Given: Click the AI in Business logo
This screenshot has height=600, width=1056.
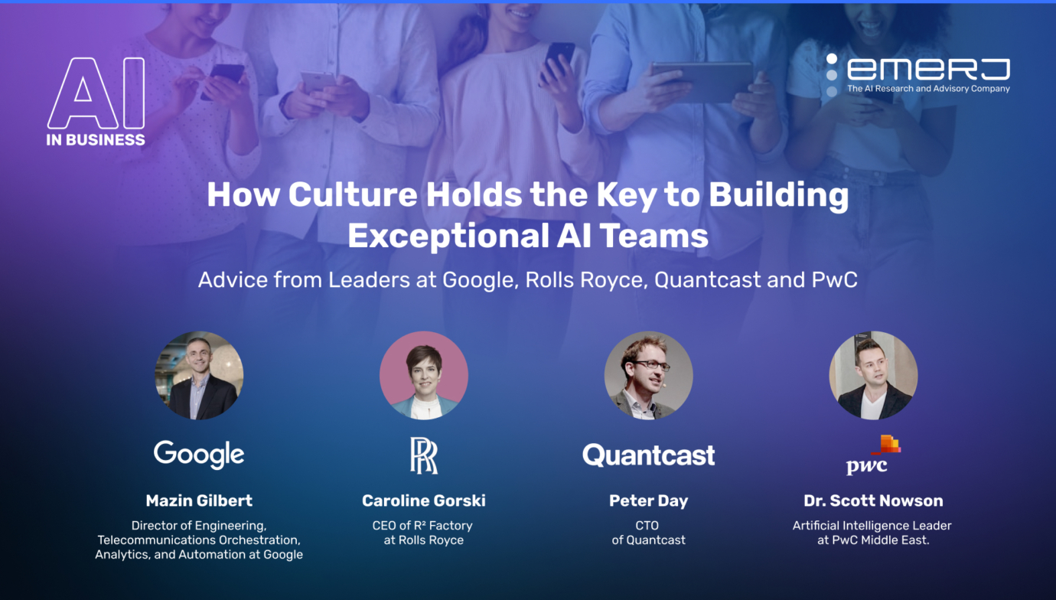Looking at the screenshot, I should pos(96,102).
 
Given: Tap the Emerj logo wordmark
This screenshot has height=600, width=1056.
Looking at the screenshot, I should pos(927,70).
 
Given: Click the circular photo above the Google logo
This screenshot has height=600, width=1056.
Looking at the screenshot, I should pos(199,375).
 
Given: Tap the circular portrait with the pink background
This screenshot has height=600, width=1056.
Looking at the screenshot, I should pos(423,375).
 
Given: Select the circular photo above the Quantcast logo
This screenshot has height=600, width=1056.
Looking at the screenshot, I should pos(648,375).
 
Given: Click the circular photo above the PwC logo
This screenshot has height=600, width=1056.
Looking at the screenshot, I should pos(873,375).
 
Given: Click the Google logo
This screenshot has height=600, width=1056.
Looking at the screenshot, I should pos(199,454).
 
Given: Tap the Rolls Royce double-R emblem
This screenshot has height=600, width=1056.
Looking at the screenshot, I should pos(423,455).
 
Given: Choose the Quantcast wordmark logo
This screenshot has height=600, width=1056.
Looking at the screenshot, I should pos(648,455).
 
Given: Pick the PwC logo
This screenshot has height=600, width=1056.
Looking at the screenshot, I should pos(872,455).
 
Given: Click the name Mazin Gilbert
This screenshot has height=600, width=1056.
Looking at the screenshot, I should pos(199,501).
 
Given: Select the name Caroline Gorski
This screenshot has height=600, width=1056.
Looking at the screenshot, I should pos(423,501).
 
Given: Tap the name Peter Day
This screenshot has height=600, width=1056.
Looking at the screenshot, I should pos(648,501).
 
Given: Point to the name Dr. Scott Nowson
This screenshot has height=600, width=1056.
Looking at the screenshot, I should pos(873,501).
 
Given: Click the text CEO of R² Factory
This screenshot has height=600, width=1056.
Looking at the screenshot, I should pos(423,526).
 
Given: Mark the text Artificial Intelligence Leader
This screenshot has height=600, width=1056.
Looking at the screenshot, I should pos(872,526).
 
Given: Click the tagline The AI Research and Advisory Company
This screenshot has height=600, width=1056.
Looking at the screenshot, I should pos(927,89).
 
